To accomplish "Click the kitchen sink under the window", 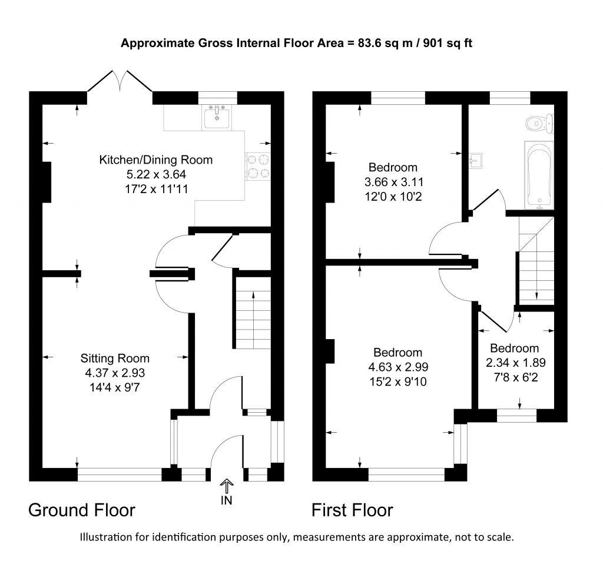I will (217, 118).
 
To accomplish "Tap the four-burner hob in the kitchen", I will (257, 165).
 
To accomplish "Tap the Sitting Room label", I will (115, 358).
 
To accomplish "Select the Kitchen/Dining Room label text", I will (155, 160).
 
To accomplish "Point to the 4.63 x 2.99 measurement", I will (397, 367).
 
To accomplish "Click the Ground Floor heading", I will (82, 510).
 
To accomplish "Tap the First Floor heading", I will (352, 510).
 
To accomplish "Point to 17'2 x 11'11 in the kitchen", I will (155, 188).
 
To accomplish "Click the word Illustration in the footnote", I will (105, 537).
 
